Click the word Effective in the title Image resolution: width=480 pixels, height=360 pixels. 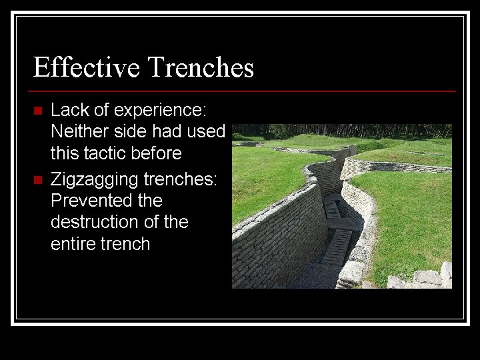(87, 68)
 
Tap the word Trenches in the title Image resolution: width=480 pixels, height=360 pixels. (201, 68)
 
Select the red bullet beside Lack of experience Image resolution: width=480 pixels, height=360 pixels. (37, 110)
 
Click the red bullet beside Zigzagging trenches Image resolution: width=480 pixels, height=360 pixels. (37, 179)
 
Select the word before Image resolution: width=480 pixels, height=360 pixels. (157, 153)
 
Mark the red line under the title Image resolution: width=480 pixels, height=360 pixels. (243, 91)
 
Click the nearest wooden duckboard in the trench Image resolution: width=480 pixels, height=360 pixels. (337, 246)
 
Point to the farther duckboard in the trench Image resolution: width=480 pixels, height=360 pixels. (331, 209)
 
